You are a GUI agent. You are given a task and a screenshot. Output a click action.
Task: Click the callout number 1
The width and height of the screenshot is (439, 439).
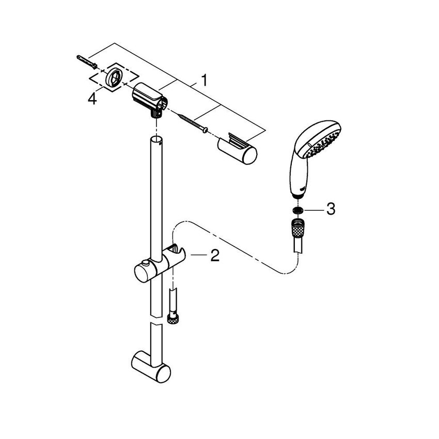(x=205, y=81)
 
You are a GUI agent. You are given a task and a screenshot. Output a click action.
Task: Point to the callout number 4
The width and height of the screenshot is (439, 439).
(x=92, y=99)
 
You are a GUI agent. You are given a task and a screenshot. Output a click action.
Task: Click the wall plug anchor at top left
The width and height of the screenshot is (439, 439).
(x=85, y=62)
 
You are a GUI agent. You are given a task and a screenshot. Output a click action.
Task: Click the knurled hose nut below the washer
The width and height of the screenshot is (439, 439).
(x=296, y=227)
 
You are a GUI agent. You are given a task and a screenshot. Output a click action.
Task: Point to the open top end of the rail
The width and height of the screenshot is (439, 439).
(x=156, y=139)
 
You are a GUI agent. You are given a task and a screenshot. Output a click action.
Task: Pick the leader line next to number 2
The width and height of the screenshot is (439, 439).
(x=198, y=255)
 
